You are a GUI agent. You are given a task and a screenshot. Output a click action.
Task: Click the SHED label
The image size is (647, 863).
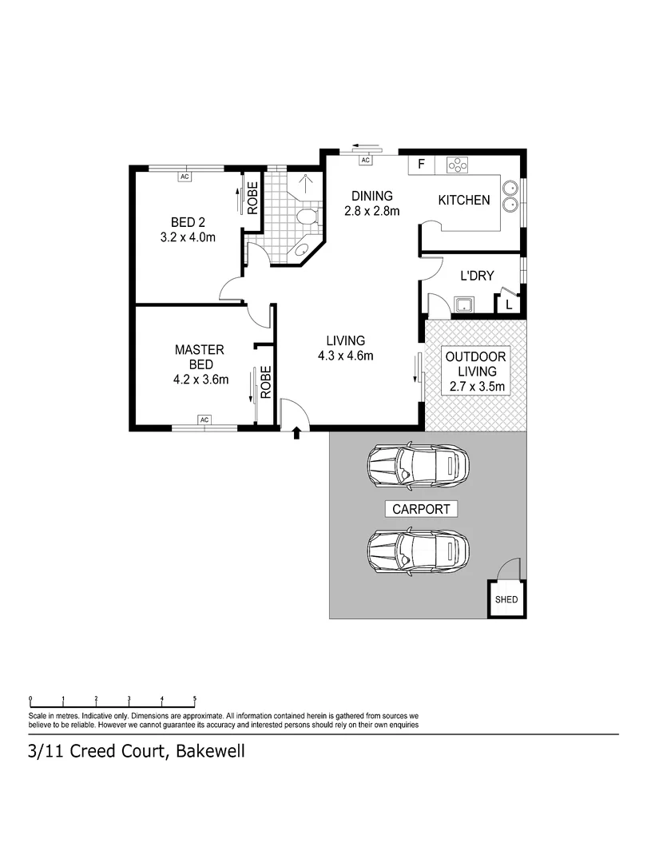click(506, 599)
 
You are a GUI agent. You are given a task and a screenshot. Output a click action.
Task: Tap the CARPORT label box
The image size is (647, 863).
click(420, 508)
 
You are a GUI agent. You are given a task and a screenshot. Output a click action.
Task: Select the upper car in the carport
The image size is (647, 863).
click(418, 466)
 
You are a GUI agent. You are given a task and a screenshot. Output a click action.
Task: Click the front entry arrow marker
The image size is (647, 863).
click(297, 433)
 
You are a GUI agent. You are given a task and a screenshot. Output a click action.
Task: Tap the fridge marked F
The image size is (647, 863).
click(421, 165)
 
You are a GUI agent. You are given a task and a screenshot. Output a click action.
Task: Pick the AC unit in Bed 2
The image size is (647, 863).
click(184, 176)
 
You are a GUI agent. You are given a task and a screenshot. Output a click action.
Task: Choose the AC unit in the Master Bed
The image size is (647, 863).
click(204, 420)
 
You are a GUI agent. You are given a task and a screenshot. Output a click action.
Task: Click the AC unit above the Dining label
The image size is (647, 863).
click(366, 161)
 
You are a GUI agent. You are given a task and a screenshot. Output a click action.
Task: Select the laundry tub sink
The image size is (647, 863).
click(462, 304)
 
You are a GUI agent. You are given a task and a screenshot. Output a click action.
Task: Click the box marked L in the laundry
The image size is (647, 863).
click(508, 304)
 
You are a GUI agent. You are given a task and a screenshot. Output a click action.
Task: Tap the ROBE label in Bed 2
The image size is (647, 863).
click(252, 199)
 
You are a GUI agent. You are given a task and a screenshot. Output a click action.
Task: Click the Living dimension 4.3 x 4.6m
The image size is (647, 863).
click(345, 356)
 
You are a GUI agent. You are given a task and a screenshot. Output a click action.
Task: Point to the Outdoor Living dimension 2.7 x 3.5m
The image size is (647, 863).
click(476, 388)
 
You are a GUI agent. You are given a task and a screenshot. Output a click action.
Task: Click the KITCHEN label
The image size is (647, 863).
click(463, 200)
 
